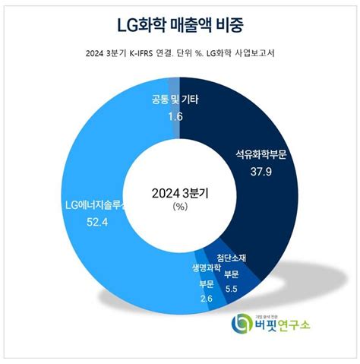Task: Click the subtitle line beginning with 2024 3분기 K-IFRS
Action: click(179, 52)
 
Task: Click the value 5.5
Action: click(231, 290)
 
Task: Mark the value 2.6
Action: click(207, 299)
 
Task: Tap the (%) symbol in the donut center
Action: click(180, 206)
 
